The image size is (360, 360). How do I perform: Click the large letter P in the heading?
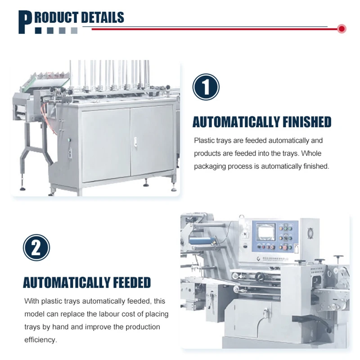tap(25, 22)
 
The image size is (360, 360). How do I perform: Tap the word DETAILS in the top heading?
tap(102, 18)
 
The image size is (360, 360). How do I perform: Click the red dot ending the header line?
tap(342, 29)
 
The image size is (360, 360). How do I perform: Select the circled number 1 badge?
tap(206, 87)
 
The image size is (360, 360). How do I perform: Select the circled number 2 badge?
tap(36, 247)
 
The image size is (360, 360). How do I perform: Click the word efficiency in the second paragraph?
tap(40, 340)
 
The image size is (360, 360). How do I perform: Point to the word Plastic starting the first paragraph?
tap(203, 141)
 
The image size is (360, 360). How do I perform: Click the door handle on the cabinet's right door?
tap(134, 144)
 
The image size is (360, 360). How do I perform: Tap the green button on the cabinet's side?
tap(69, 144)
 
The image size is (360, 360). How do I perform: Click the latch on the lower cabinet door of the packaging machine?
tap(267, 310)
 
